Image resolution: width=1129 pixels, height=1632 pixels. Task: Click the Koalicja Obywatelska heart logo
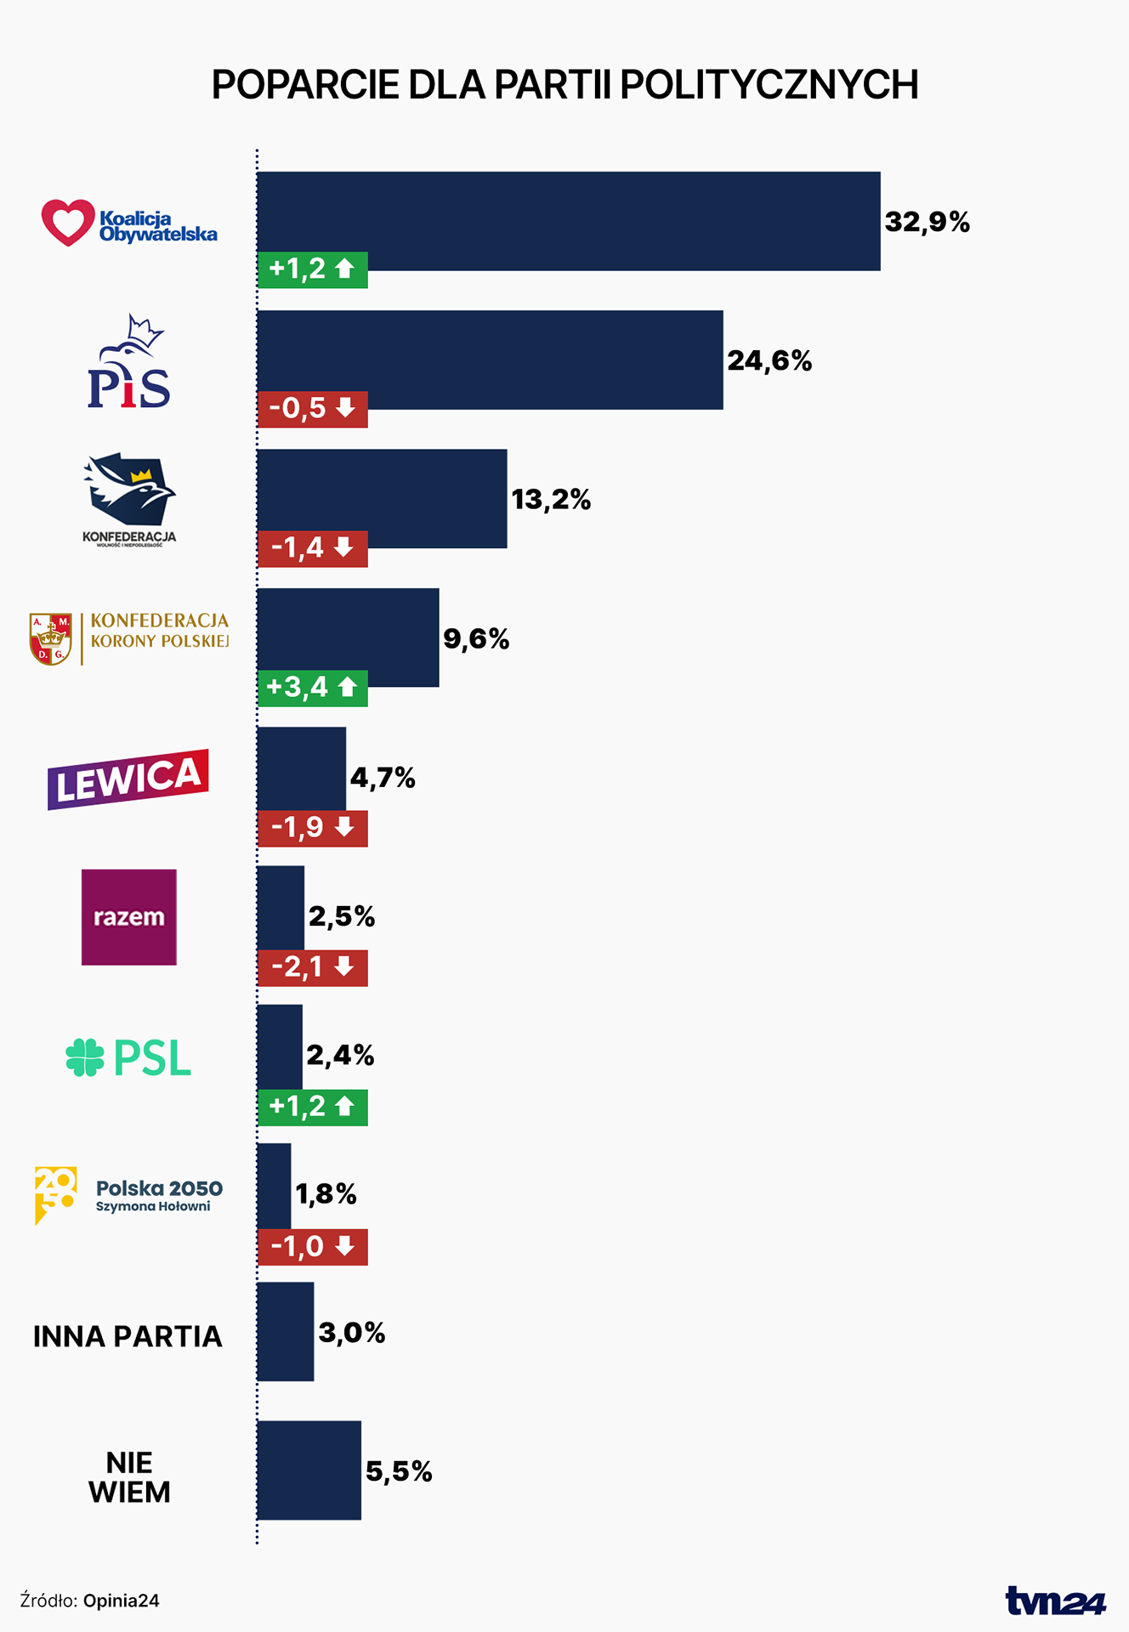pos(67,223)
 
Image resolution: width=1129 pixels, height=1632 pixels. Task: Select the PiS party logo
pos(129,364)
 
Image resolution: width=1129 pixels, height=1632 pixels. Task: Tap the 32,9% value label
pos(927,223)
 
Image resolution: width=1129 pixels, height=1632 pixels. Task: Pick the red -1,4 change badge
pos(312,548)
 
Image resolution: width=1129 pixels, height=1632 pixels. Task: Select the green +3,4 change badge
pos(312,688)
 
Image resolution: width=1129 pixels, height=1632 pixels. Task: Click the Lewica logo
pos(128,779)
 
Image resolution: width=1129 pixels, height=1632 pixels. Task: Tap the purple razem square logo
pos(129,916)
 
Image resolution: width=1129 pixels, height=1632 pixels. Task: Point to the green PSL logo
pos(128,1058)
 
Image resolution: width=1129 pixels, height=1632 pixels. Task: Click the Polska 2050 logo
pos(128,1195)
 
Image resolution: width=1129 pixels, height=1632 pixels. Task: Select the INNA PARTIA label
pos(128,1337)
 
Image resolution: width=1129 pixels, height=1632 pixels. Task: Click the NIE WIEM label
pos(129,1477)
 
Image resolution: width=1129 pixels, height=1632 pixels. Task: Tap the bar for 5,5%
pos(309,1470)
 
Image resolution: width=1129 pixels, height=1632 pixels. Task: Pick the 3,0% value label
pos(351,1333)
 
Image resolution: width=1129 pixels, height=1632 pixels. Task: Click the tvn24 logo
pos(1055,1601)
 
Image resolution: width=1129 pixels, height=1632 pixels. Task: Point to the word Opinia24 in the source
pos(121,1601)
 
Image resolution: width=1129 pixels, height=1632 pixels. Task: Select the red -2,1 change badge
pos(312,967)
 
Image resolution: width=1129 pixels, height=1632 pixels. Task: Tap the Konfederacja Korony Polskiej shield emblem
pos(50,639)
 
